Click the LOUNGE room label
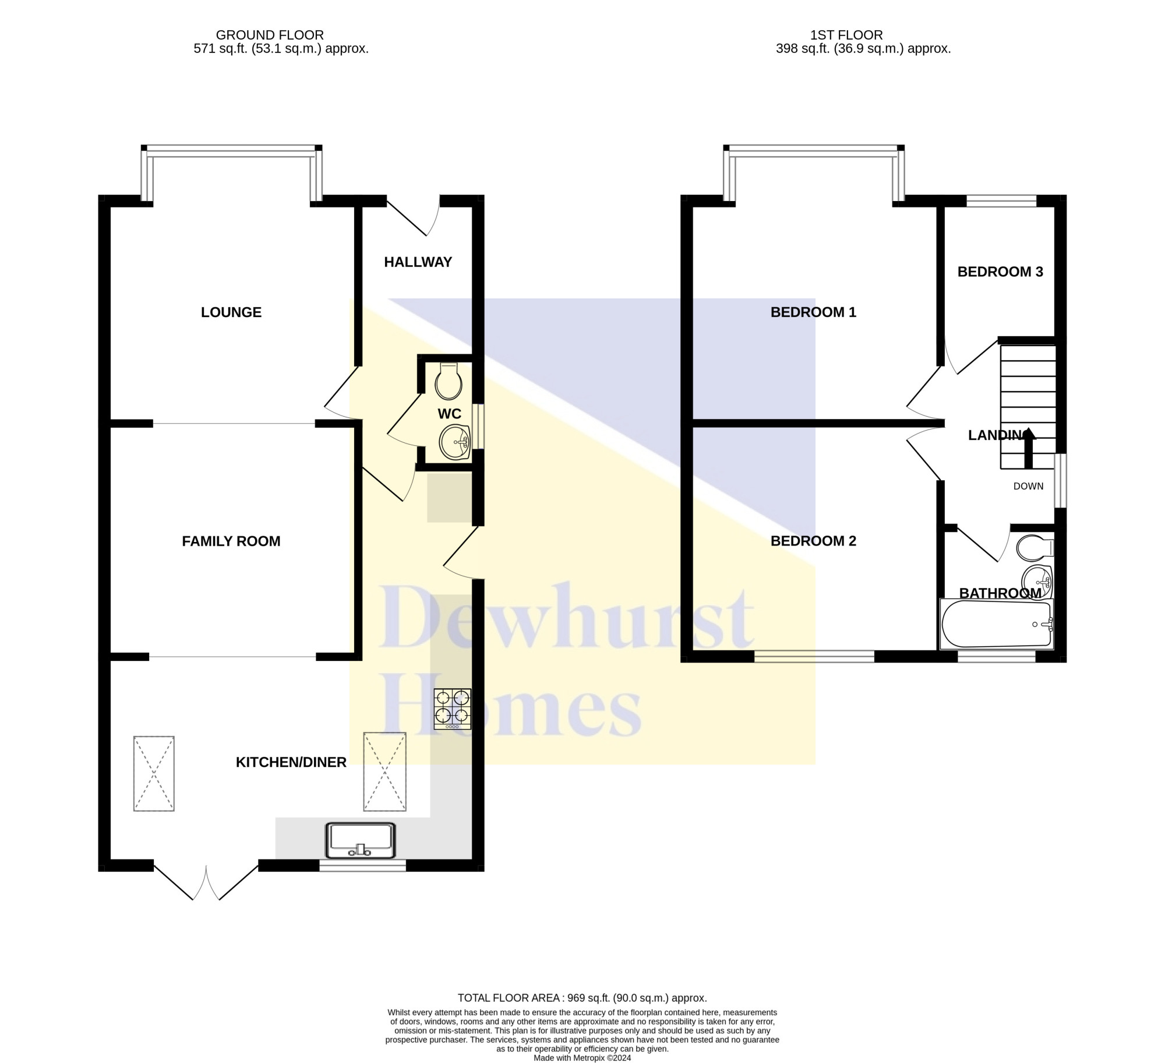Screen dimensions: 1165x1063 pos(231,312)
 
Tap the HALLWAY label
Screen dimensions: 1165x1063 pos(418,262)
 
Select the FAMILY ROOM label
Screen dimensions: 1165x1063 pos(231,541)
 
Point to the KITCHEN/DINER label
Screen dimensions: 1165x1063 pos(291,762)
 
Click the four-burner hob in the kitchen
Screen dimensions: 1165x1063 pos(452,709)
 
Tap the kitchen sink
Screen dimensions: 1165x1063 pos(361,840)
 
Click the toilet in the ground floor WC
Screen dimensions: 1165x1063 pos(449,381)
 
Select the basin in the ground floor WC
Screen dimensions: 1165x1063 pos(456,443)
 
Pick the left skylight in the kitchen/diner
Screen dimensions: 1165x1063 pos(154,773)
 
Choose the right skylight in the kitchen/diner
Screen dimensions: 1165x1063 pos(384,772)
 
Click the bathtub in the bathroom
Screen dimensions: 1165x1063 pos(997,624)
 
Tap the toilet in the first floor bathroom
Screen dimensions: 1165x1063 pos(1035,548)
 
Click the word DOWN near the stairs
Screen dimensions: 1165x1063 pos(1028,486)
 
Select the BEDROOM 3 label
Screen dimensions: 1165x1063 pos(1000,272)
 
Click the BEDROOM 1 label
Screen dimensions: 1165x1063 pos(813,312)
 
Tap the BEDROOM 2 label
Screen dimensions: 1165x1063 pos(813,541)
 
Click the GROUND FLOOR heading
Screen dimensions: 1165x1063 pos(270,35)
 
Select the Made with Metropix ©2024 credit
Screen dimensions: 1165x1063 pos(582,1058)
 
